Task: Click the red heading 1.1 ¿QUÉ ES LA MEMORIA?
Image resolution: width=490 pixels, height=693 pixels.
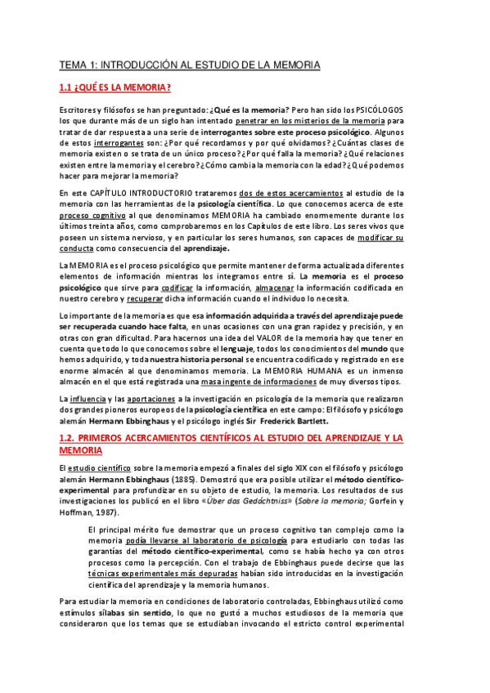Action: tap(115, 87)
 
